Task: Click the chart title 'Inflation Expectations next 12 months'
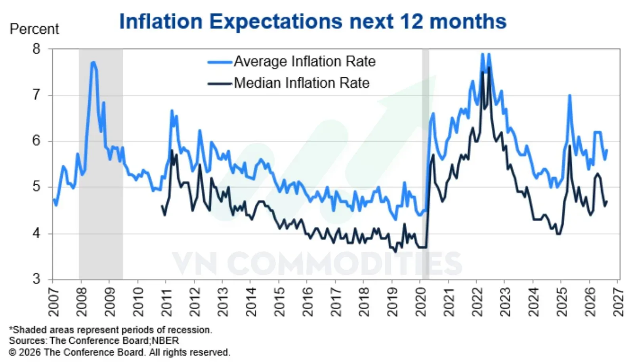point(313,21)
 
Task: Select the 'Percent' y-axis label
point(34,29)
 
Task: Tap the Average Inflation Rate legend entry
point(292,61)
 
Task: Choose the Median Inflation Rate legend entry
point(289,83)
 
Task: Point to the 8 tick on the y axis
point(36,49)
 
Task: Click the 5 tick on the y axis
point(36,187)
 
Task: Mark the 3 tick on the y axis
point(36,279)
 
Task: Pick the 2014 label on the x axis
point(251,302)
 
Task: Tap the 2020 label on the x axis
point(420,302)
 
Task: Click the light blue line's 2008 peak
point(93,62)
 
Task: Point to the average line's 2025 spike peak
point(569,96)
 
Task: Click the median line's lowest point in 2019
point(395,251)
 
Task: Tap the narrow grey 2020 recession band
point(426,164)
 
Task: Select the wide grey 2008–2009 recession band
point(101,164)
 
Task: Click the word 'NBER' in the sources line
point(165,341)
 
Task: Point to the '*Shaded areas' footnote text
point(111,330)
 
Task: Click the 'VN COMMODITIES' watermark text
point(317,263)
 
